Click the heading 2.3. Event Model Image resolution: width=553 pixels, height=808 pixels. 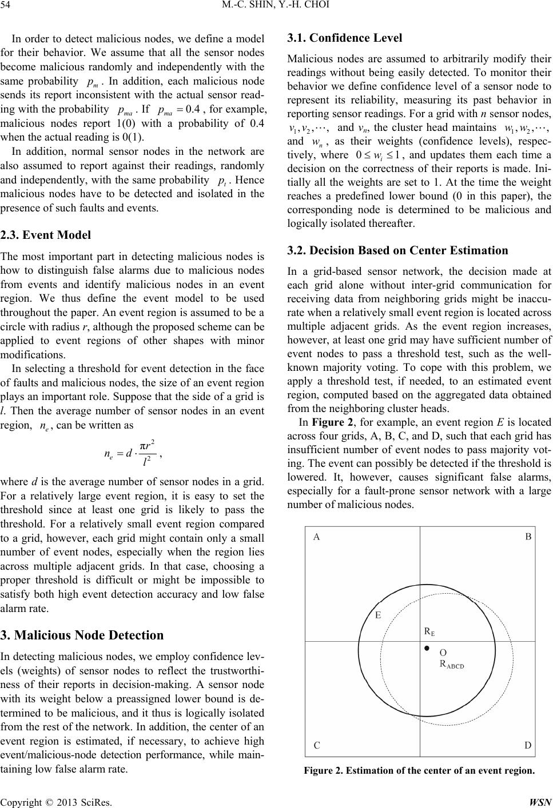tap(46, 234)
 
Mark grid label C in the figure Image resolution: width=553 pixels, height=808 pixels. tap(316, 745)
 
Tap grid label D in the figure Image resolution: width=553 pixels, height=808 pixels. tap(528, 745)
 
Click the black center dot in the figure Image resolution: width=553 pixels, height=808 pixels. tap(426, 649)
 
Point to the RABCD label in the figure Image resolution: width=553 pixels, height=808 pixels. tap(451, 664)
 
